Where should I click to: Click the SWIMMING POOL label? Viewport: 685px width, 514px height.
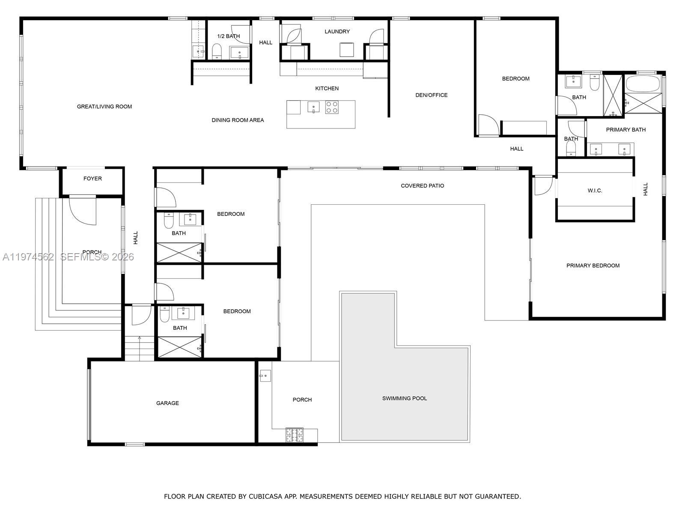point(404,398)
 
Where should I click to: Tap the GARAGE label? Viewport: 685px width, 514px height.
point(167,403)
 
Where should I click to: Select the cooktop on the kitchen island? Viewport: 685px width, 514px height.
point(332,107)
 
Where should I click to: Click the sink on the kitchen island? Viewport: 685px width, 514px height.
point(313,107)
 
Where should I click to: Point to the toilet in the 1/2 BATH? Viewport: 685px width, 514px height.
point(217,51)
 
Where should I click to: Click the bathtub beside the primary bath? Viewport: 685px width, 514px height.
point(643,83)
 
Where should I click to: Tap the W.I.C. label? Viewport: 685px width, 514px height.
point(595,191)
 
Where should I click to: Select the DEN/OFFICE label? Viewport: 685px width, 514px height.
point(431,95)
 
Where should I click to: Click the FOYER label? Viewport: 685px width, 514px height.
point(92,179)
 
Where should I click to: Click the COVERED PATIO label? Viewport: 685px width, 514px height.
point(422,186)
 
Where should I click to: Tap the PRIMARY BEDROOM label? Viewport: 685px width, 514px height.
point(593,266)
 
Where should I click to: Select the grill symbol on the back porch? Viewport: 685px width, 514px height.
point(295,435)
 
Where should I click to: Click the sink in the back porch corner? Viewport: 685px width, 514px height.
point(265,376)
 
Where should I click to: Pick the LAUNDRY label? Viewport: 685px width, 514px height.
point(337,32)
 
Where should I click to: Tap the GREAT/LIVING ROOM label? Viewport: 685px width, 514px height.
point(104,107)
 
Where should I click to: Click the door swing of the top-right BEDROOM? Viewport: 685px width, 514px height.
point(488,125)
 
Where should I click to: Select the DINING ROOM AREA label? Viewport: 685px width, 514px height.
point(238,120)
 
